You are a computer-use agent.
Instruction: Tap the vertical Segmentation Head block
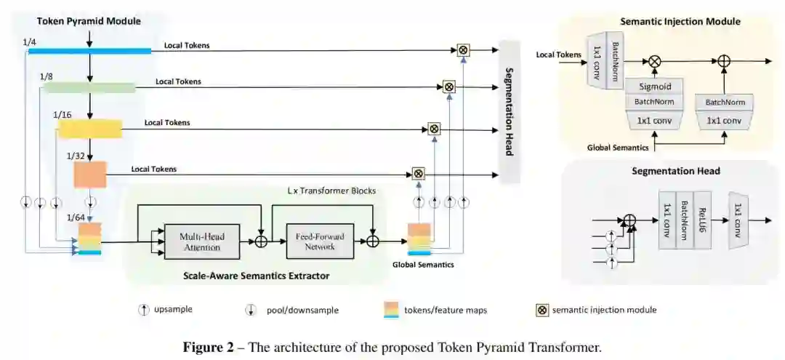[x=509, y=111]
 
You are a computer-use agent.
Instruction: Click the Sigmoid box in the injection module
[x=654, y=87]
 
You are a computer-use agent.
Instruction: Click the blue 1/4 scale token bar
[x=89, y=50]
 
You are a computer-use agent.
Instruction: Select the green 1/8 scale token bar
[x=89, y=88]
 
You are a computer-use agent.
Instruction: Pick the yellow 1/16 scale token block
[x=89, y=129]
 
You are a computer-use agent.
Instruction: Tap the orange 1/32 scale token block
[x=90, y=175]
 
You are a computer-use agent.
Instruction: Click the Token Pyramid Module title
[x=78, y=21]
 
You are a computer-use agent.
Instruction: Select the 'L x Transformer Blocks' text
[x=331, y=191]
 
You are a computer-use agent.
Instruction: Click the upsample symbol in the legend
[x=143, y=310]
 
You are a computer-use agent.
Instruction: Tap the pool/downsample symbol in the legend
[x=251, y=310]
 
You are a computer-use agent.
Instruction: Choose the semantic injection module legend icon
[x=542, y=310]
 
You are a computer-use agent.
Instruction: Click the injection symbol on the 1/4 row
[x=463, y=50]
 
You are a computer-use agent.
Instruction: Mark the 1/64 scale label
[x=76, y=217]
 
